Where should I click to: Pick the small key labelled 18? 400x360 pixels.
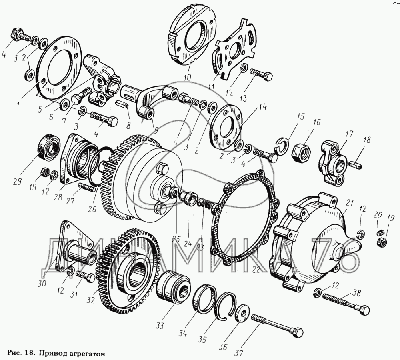coord(356,164)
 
